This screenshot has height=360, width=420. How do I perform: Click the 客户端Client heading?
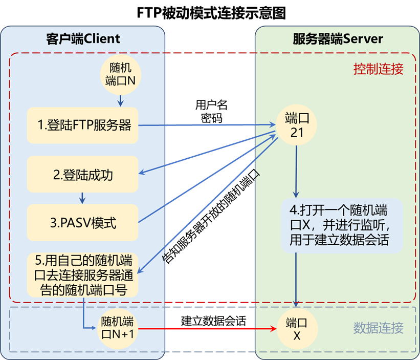pyautogui.click(x=82, y=38)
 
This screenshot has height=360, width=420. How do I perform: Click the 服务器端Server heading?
pyautogui.click(x=338, y=38)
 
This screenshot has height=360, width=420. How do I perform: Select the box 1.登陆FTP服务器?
pyautogui.click(x=83, y=125)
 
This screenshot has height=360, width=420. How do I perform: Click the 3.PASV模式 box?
pyautogui.click(x=83, y=223)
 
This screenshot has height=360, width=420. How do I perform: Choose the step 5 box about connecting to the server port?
pyautogui.click(x=83, y=276)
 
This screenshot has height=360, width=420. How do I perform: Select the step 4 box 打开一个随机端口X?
pyautogui.click(x=341, y=225)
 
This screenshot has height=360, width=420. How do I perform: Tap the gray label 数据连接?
pyautogui.click(x=378, y=328)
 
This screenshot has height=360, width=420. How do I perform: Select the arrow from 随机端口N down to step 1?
pyautogui.click(x=120, y=100)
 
